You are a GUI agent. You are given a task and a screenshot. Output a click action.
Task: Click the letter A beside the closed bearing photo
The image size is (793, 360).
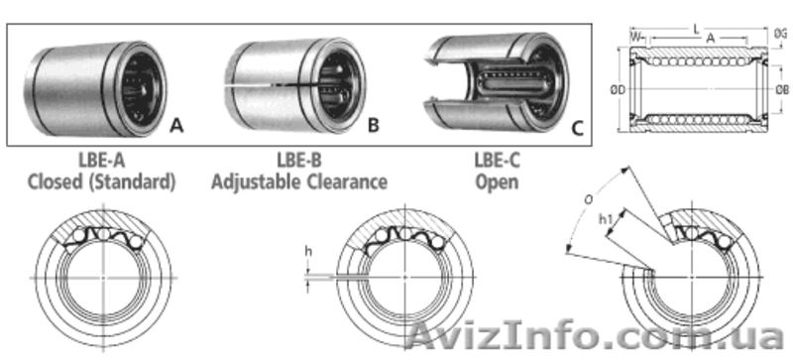tap(176, 125)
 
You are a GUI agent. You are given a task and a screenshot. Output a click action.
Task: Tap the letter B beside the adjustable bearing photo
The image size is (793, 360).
tap(374, 125)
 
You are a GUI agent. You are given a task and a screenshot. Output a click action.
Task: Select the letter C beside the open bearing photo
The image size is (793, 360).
tap(577, 128)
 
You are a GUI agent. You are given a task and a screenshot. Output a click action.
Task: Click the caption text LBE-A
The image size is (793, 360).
tap(102, 160)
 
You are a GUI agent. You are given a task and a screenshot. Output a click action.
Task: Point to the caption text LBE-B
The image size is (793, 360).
tap(299, 160)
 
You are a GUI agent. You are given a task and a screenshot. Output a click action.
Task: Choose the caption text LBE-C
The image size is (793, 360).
tap(497, 160)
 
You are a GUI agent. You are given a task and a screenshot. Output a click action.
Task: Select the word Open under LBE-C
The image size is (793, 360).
tap(497, 182)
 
